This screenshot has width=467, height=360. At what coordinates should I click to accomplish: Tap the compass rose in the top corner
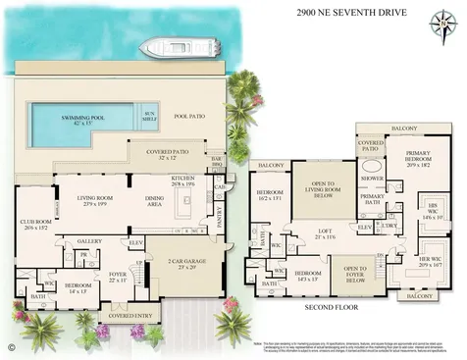coord(437,21)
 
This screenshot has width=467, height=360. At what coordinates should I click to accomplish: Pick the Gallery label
coord(90,240)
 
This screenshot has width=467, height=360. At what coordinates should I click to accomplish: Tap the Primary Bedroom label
coord(408,167)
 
